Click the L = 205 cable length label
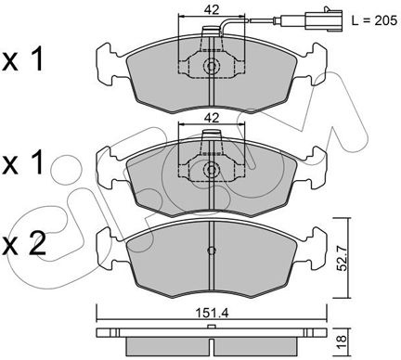[374, 20]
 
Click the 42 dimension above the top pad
[212, 10]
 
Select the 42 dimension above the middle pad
[212, 118]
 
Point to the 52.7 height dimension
[342, 258]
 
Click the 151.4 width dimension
[212, 314]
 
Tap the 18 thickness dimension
[342, 342]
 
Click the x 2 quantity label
[23, 245]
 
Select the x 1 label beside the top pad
[22, 60]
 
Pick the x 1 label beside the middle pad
[22, 162]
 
